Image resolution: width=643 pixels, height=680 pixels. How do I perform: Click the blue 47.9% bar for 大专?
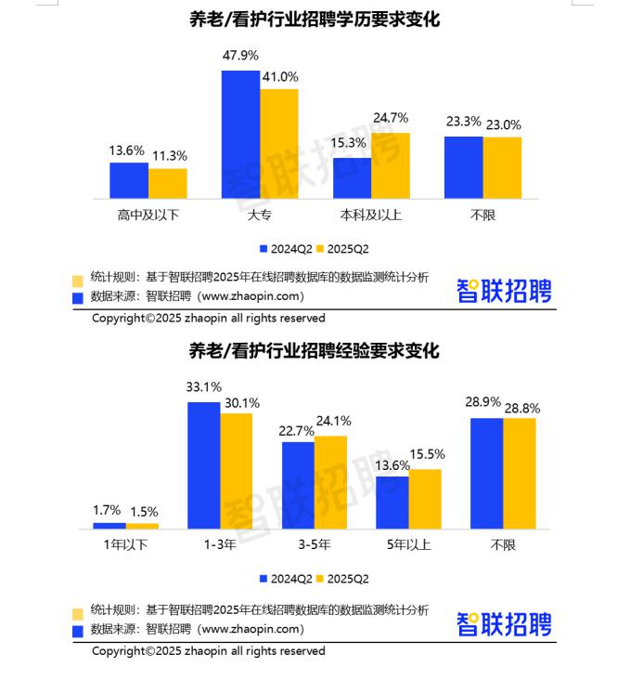tap(240, 134)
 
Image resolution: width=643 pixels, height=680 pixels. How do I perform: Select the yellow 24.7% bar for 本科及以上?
tap(391, 165)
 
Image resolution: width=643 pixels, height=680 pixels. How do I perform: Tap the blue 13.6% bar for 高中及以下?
tap(129, 180)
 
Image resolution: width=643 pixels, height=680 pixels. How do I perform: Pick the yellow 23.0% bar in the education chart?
tap(503, 167)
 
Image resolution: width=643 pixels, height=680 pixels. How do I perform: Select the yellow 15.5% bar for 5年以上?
tap(425, 499)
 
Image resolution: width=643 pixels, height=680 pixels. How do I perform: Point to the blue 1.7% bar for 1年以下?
tap(109, 526)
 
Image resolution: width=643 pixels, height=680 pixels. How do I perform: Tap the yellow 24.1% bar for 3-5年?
tap(330, 482)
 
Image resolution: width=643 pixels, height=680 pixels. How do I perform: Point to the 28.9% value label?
tap(482, 402)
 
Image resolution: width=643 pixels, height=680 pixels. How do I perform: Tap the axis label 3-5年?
tap(315, 545)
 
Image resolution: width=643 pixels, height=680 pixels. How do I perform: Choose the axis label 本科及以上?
tap(371, 216)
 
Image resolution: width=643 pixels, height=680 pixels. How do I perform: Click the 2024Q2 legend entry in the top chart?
tap(287, 249)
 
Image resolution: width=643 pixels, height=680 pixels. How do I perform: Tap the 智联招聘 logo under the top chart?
tap(504, 292)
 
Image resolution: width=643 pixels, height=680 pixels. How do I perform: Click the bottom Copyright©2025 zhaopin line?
tap(208, 651)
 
